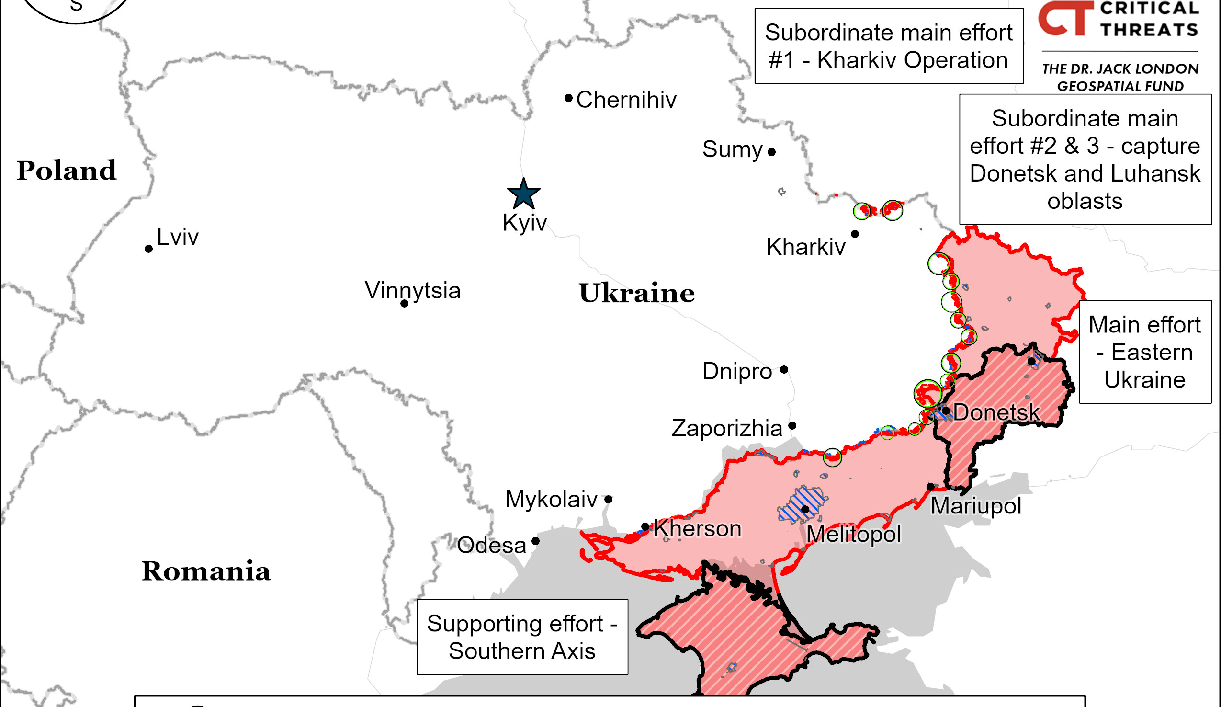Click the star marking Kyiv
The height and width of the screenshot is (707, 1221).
click(523, 194)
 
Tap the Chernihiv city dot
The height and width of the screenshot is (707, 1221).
click(568, 98)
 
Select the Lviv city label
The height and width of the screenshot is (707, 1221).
click(177, 237)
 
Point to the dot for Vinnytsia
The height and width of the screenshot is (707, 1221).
click(404, 304)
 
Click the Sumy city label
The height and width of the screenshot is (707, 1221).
click(732, 149)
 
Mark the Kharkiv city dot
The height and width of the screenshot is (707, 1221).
click(855, 234)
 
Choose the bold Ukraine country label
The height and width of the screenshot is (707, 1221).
click(636, 293)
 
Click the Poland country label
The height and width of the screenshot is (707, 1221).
click(67, 171)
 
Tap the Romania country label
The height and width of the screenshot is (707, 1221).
click(205, 571)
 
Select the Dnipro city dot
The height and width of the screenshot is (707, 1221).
click(784, 370)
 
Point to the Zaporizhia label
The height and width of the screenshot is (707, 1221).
click(727, 428)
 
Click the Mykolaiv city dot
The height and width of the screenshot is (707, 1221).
click(608, 499)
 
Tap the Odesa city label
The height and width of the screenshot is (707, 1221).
click(491, 546)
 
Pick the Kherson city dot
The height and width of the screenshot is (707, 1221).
click(645, 527)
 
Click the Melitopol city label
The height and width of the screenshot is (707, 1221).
click(853, 535)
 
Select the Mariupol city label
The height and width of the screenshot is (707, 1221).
click(976, 506)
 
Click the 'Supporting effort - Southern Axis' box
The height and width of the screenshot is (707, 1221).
click(522, 637)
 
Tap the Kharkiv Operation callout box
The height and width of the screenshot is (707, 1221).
click(888, 46)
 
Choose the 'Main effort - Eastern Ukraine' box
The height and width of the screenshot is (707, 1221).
click(1144, 352)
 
